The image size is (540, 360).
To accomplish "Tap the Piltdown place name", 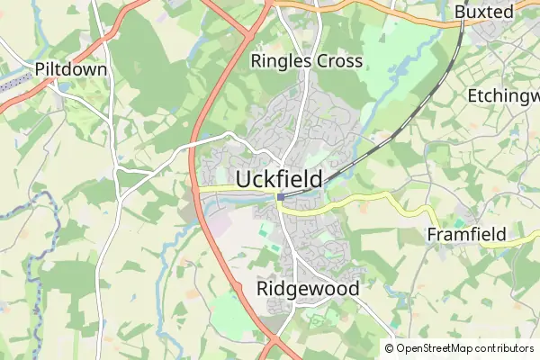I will tap(71, 69).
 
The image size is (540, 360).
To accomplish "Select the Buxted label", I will tap(483, 12).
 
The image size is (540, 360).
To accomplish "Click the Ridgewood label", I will tap(308, 289).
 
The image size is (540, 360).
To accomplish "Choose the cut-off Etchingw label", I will tap(503, 94).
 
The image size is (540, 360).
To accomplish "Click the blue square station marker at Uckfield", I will tap(281, 196).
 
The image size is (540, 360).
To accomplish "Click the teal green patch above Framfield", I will tap(462, 220).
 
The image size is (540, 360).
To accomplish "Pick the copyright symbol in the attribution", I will tap(389, 348).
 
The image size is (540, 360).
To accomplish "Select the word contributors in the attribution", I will tap(505, 348).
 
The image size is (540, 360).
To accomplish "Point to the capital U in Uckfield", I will tap(243, 179).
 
